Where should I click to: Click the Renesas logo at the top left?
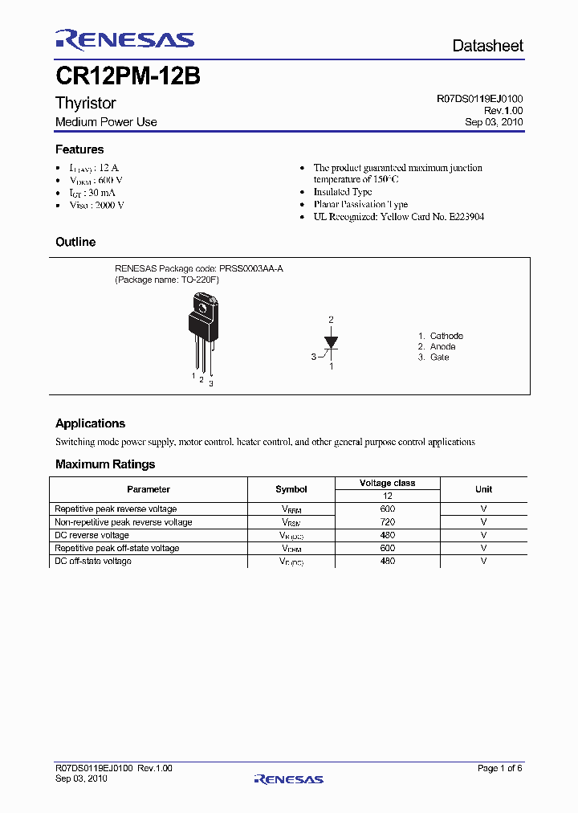pyautogui.click(x=124, y=40)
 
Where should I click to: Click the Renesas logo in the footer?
pyautogui.click(x=288, y=778)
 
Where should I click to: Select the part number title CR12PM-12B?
pyautogui.click(x=128, y=77)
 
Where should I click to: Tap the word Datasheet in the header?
pyautogui.click(x=487, y=46)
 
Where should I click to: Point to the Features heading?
pyautogui.click(x=79, y=149)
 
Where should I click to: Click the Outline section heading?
pyautogui.click(x=75, y=242)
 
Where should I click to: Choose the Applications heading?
pyautogui.click(x=90, y=423)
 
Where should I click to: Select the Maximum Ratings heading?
pyautogui.click(x=105, y=464)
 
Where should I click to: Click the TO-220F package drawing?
pyautogui.click(x=202, y=329)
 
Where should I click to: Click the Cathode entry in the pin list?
pyautogui.click(x=446, y=336)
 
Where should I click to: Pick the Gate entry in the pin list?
pyautogui.click(x=438, y=357)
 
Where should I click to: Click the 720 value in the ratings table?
pyautogui.click(x=388, y=522)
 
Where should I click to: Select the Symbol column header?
pyautogui.click(x=291, y=489)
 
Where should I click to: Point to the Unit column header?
pyautogui.click(x=483, y=489)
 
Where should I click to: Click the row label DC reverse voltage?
pyautogui.click(x=92, y=535)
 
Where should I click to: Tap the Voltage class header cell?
pyautogui.click(x=387, y=483)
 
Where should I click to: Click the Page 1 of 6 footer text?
pyautogui.click(x=499, y=769)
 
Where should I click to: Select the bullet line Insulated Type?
pyautogui.click(x=342, y=192)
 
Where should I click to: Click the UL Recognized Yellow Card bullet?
pyautogui.click(x=398, y=217)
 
